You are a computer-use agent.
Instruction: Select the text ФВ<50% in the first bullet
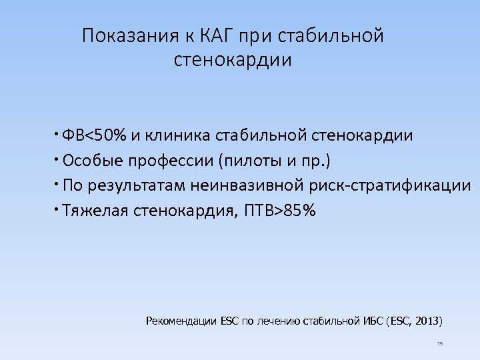[95, 136]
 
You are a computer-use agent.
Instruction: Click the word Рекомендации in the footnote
[180, 321]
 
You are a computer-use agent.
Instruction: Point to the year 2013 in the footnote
[427, 321]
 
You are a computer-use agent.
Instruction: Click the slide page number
[440, 344]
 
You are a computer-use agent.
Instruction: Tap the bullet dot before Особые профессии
[59, 159]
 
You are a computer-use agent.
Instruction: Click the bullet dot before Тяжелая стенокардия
[59, 210]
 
